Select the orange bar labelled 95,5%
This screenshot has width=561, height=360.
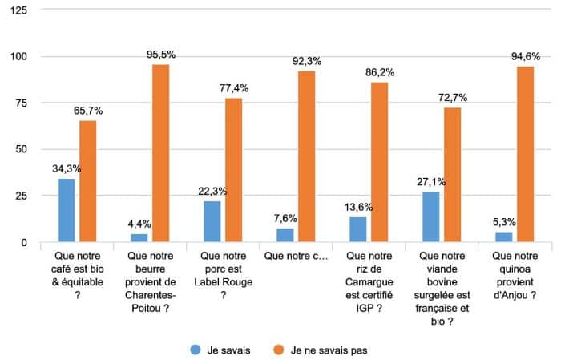tap(161, 153)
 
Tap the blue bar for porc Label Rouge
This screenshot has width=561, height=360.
tap(212, 221)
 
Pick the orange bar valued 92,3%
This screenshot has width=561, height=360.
tap(307, 156)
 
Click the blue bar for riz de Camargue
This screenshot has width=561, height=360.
tap(358, 229)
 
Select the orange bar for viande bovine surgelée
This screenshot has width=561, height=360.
tap(453, 175)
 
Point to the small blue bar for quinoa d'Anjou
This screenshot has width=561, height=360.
tap(503, 237)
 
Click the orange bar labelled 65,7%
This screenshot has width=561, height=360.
tap(88, 181)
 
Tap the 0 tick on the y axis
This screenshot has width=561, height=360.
tap(24, 242)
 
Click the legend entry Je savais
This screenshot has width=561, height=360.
tap(227, 350)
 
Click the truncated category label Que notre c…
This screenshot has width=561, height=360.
tap(296, 257)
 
